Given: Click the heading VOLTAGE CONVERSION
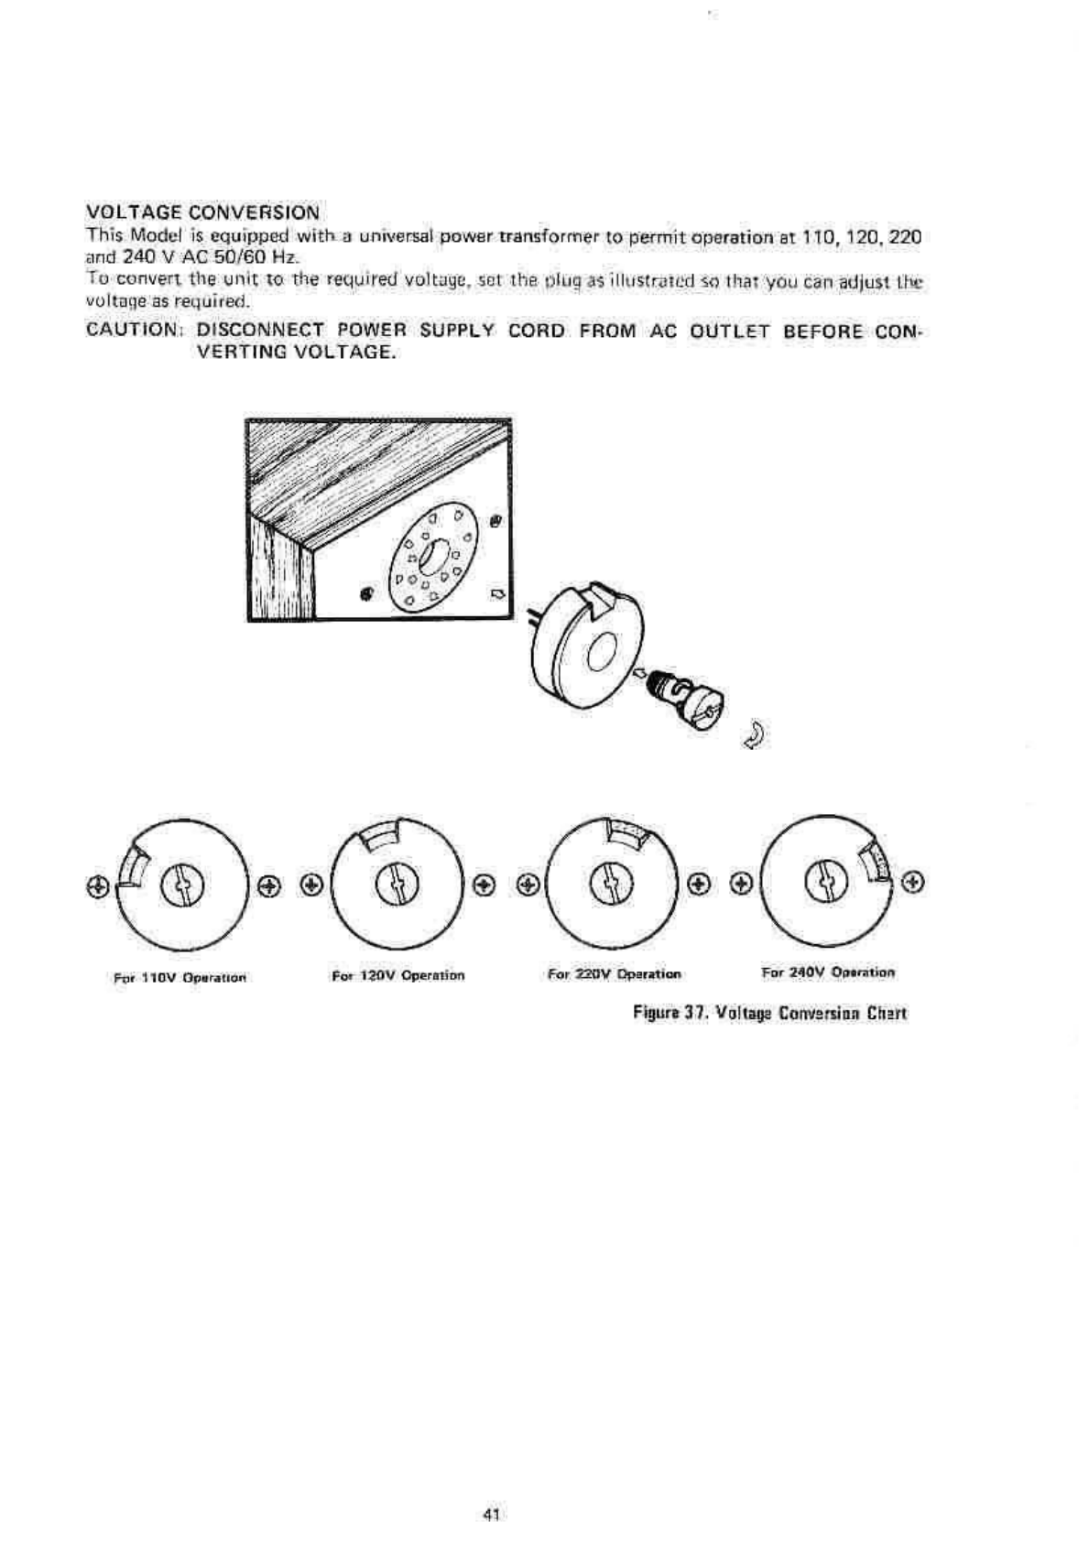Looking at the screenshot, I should coord(202,212).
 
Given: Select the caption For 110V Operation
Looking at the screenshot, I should coord(180,977).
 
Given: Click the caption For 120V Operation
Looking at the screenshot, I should coord(398,975).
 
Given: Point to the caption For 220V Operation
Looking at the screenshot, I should coord(614,974).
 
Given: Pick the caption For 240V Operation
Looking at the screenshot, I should coord(828,972).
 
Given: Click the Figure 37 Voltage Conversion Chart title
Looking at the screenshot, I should coord(769,1013).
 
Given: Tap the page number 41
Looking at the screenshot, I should coord(490,1515).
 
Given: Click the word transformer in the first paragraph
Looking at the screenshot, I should coord(542,237).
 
